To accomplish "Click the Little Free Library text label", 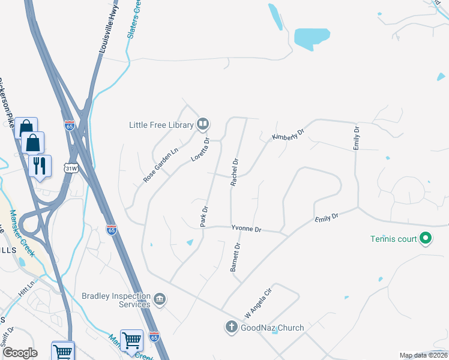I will point(161,125).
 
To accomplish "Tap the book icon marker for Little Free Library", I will point(203,125).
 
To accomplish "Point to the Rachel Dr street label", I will point(235,172).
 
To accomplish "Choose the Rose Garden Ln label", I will point(161,166).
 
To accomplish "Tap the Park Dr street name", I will point(204,217).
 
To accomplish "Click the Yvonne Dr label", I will point(247,229).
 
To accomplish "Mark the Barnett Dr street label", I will point(237,257).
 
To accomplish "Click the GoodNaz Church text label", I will point(273,328).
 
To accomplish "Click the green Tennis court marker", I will point(426,239).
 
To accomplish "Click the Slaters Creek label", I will point(134,19).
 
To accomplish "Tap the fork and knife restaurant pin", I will point(40,165).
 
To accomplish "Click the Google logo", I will point(20,353).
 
